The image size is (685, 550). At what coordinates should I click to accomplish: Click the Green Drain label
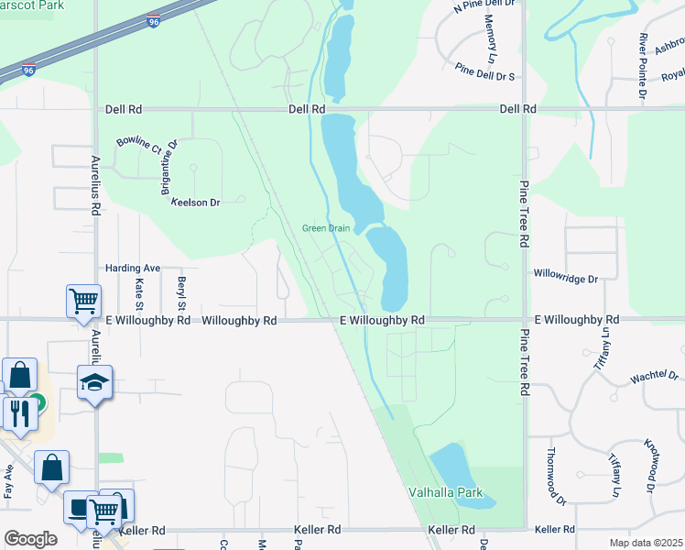(x=327, y=228)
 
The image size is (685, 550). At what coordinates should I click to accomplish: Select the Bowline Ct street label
(x=138, y=145)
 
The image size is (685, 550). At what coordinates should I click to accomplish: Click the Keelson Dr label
(x=196, y=202)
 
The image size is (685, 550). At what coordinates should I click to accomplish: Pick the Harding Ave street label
(x=133, y=268)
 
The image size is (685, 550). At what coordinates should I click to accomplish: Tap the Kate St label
(x=140, y=292)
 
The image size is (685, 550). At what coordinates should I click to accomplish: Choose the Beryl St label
(x=181, y=292)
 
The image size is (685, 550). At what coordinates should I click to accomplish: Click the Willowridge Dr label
(x=565, y=277)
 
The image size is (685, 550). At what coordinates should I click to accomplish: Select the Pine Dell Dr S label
(x=485, y=72)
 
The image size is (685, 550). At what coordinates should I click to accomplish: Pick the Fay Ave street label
(x=8, y=481)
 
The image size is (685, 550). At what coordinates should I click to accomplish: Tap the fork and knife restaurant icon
(x=17, y=412)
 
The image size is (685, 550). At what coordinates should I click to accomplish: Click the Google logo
(x=30, y=538)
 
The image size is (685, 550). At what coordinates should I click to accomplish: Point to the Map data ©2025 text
(x=646, y=543)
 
